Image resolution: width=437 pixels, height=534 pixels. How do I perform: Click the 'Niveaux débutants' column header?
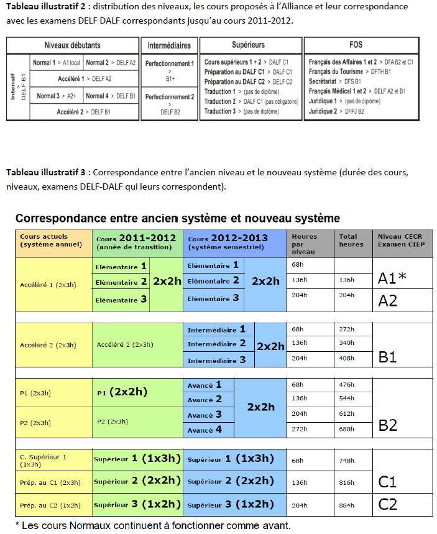(72, 45)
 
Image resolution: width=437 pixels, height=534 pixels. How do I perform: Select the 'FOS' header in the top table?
(356, 45)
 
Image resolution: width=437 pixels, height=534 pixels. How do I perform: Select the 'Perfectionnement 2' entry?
(169, 97)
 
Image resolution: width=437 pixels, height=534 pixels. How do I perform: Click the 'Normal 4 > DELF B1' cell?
(111, 96)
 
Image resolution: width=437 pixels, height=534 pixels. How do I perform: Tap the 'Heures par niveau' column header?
(304, 244)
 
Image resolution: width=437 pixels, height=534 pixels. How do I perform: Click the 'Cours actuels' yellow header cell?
(53, 241)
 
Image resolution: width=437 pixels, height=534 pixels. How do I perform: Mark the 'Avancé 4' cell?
(205, 430)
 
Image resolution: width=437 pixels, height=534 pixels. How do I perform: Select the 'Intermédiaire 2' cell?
(217, 344)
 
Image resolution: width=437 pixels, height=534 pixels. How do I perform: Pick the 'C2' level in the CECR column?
(388, 504)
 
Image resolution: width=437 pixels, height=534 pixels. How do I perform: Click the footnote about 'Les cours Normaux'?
(152, 525)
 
